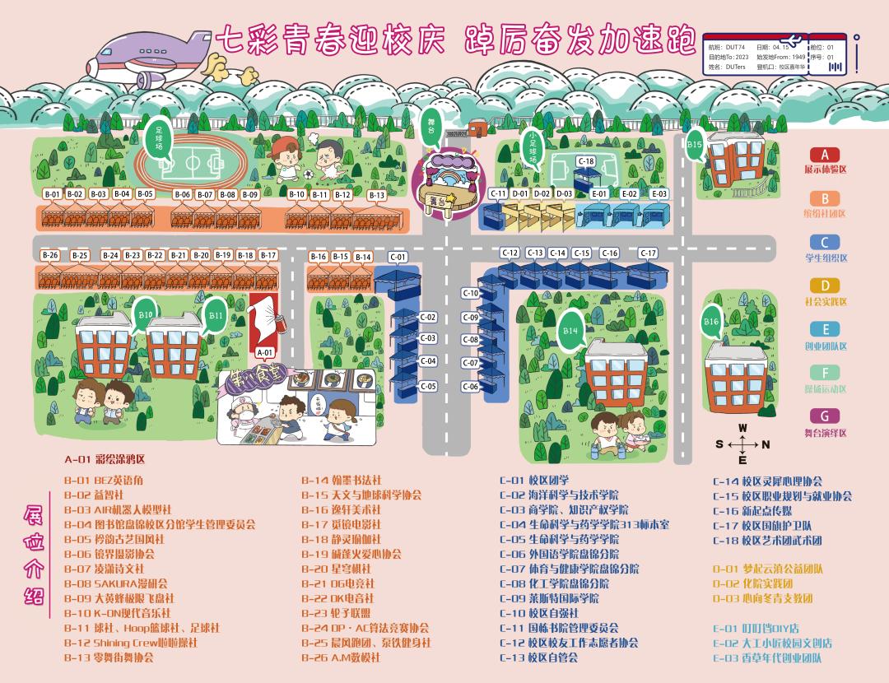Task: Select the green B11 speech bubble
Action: [x=215, y=314]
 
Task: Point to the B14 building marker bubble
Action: [x=570, y=329]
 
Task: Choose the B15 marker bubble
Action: [x=695, y=146]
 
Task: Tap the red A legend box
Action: [x=825, y=155]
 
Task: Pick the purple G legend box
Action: [x=825, y=416]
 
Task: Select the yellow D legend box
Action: [x=825, y=286]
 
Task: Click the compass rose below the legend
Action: [x=742, y=445]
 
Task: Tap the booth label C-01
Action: [x=398, y=258]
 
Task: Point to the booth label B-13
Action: [x=377, y=195]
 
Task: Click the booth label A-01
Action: [x=264, y=352]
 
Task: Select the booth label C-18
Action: [x=586, y=161]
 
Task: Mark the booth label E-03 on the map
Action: [x=659, y=194]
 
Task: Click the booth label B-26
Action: [x=50, y=256]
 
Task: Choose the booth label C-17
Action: [x=649, y=253]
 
